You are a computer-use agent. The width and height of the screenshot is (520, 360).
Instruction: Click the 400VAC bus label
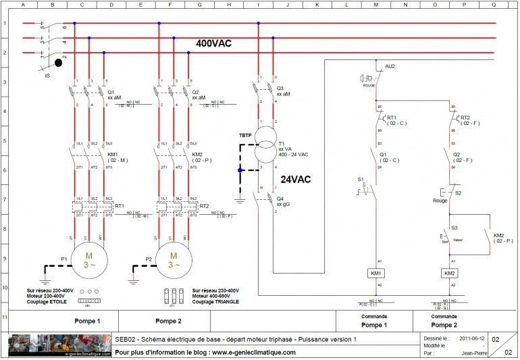[x=213, y=43]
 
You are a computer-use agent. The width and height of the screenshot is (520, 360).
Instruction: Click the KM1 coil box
[x=376, y=273]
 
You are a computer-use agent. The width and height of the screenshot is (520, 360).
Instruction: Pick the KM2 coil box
[x=450, y=273]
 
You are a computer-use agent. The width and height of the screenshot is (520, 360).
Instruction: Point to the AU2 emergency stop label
[x=390, y=66]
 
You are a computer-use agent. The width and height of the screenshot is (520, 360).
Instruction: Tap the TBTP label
[x=245, y=135]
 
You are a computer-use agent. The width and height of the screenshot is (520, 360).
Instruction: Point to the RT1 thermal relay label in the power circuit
[x=120, y=205]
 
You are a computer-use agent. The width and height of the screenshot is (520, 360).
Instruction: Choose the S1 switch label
[x=361, y=180]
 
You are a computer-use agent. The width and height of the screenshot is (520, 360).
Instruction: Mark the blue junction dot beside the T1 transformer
[x=240, y=171]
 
